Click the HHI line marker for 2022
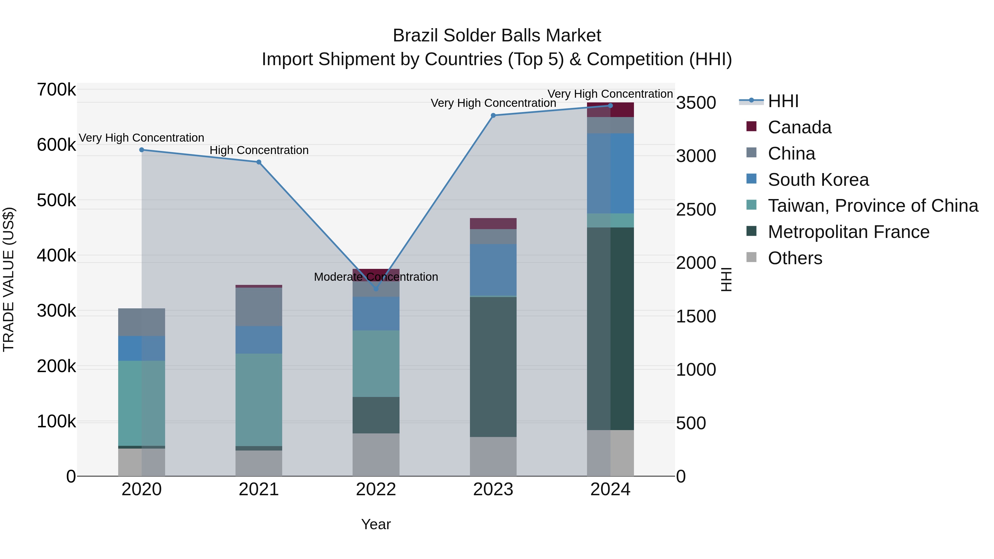tap(376, 288)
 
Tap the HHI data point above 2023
tap(493, 115)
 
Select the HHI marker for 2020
tap(142, 150)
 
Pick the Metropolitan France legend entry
tap(848, 232)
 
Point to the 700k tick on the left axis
tap(56, 90)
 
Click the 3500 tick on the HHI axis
tap(696, 103)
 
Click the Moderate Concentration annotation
tap(376, 277)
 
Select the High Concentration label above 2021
tap(259, 150)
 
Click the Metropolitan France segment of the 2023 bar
tap(493, 367)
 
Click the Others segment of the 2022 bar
tap(376, 454)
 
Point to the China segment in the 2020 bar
tap(142, 322)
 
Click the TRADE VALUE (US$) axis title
tap(9, 279)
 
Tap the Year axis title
tap(376, 524)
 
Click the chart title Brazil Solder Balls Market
tap(497, 36)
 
